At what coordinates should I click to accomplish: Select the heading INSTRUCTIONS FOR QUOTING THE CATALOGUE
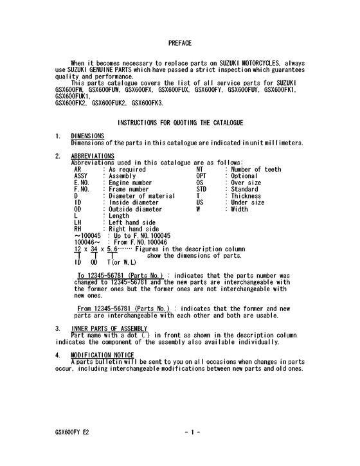(x=179, y=122)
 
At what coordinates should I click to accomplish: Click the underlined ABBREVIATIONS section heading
(x=93, y=156)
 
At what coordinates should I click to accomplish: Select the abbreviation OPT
(x=201, y=176)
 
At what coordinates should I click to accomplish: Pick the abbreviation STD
(x=201, y=190)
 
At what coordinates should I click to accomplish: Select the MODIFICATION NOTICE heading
(x=102, y=355)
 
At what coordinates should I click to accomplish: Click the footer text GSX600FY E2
(x=72, y=432)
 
